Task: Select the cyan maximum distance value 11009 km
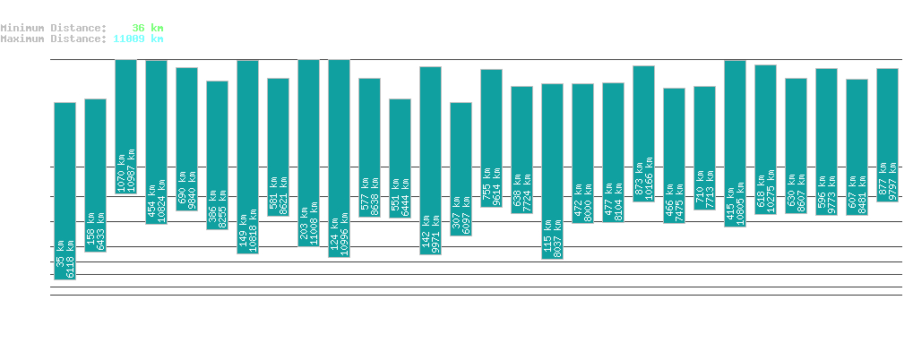(138, 39)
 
